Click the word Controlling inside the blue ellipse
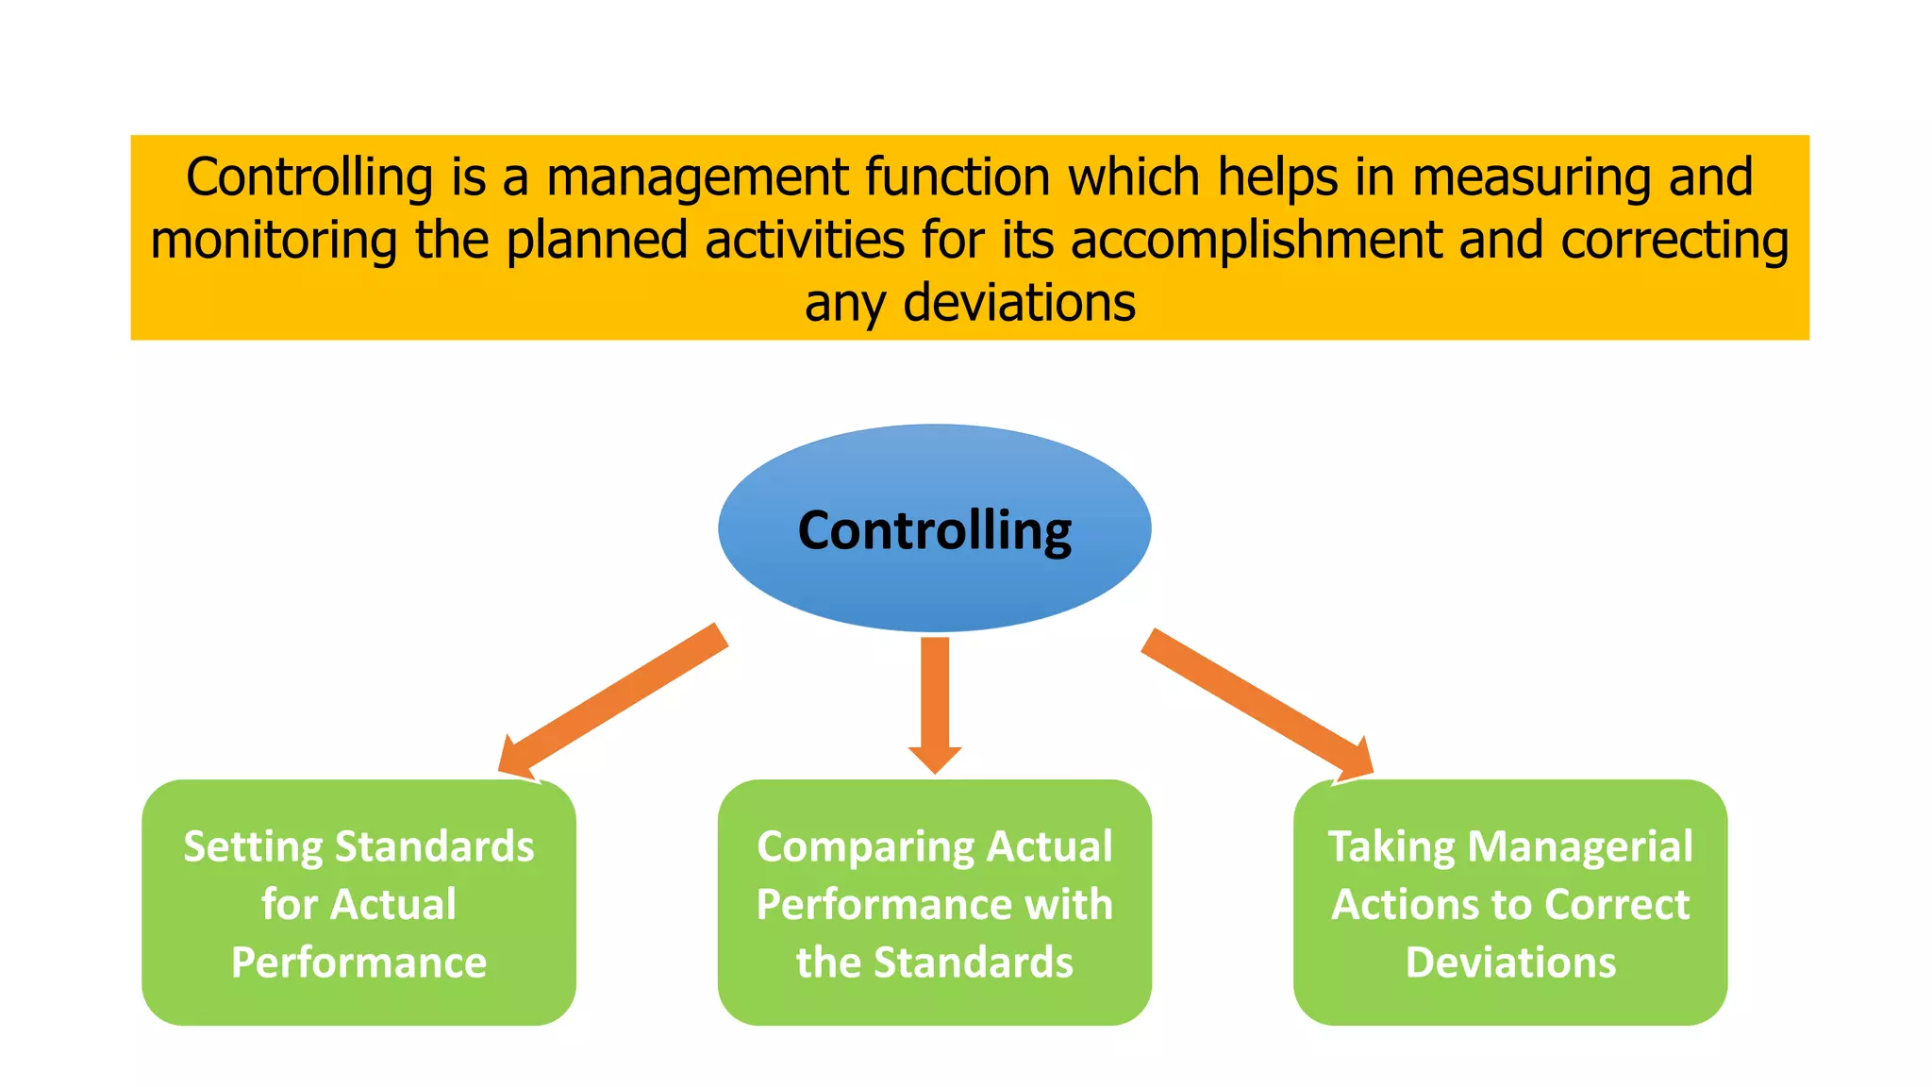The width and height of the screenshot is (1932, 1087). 934,530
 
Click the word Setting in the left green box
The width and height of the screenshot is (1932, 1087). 254,846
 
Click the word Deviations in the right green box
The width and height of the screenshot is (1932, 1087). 1510,962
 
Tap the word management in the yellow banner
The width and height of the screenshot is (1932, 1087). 697,177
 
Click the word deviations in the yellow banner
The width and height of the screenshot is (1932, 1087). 1019,304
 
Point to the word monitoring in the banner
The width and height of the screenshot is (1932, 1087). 274,241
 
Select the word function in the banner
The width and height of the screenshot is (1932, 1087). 957,177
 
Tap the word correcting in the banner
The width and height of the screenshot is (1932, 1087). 1674,241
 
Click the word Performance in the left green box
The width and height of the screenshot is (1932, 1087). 358,962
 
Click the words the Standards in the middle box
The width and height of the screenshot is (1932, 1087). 934,962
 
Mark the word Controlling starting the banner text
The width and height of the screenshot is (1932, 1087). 309,177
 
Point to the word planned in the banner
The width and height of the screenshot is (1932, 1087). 595,241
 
